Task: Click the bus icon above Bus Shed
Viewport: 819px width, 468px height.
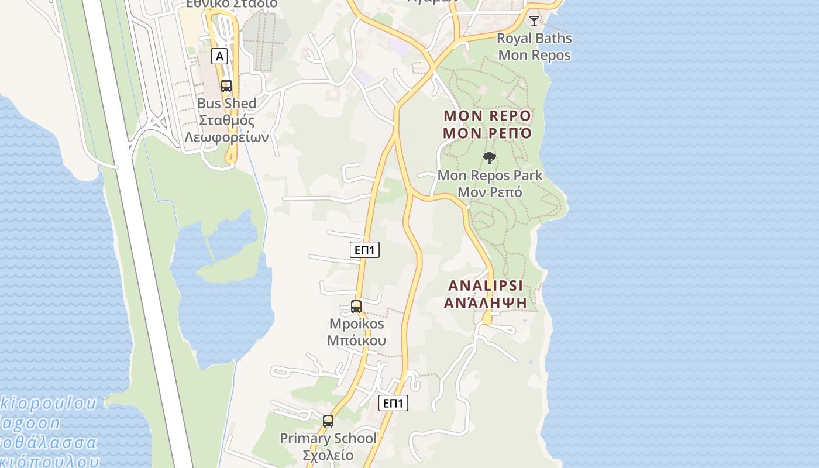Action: pos(226,86)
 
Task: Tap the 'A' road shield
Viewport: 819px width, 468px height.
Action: pos(219,56)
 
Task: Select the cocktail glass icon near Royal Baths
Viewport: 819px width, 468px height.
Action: pos(534,21)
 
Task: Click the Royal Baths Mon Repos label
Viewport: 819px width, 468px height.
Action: pos(534,47)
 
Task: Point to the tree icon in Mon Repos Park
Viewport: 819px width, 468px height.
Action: pos(490,157)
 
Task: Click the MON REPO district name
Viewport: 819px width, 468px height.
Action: pos(487,116)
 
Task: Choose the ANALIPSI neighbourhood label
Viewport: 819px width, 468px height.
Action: pos(486,286)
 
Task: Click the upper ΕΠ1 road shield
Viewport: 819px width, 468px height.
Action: pos(365,250)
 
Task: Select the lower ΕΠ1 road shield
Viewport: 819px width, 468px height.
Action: pos(393,403)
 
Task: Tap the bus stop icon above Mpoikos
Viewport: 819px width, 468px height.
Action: pos(356,307)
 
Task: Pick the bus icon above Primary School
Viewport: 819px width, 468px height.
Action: pos(328,421)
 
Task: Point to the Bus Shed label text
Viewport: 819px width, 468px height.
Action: pos(227,104)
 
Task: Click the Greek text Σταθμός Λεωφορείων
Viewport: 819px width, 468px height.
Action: pos(227,129)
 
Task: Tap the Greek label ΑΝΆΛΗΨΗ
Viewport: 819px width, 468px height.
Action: pos(486,303)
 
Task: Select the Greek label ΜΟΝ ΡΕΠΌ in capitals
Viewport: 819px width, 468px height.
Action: pos(487,133)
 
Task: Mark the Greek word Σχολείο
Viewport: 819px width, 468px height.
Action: pos(328,455)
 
